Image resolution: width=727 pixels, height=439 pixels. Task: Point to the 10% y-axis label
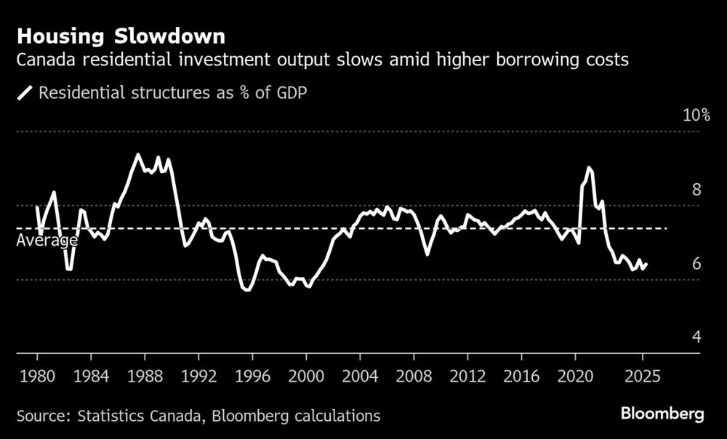[x=696, y=116]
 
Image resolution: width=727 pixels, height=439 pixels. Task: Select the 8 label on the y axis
[x=696, y=190]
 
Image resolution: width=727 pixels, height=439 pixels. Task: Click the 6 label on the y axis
[x=696, y=263]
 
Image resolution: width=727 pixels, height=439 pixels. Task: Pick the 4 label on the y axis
[x=696, y=337]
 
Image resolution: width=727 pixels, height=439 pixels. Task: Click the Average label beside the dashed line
[x=47, y=241]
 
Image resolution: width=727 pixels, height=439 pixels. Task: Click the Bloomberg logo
[x=662, y=414]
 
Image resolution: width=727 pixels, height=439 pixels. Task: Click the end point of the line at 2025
[x=647, y=264]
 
